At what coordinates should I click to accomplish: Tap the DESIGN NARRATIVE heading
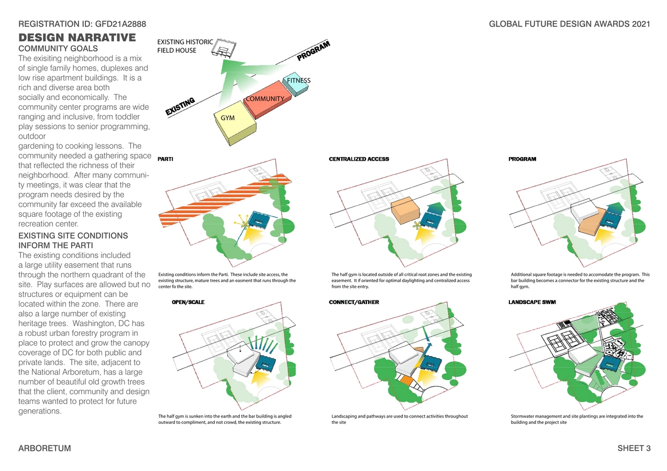77,38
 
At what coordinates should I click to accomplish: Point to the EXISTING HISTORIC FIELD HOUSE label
185,46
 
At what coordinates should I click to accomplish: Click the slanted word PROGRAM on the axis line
314,51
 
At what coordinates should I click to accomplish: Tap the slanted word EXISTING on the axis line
180,106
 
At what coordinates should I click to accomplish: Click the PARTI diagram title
165,159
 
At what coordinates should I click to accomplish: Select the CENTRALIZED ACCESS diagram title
359,159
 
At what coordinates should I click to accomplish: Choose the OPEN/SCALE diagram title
188,302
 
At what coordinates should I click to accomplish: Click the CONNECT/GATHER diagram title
353,302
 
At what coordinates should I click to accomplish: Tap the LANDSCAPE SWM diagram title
532,302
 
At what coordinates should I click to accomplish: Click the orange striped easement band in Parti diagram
220,201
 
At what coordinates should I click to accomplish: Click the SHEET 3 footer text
633,448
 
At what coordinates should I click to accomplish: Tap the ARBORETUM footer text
45,448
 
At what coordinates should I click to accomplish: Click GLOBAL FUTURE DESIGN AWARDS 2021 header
569,24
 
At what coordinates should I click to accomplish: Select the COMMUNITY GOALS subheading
58,49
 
